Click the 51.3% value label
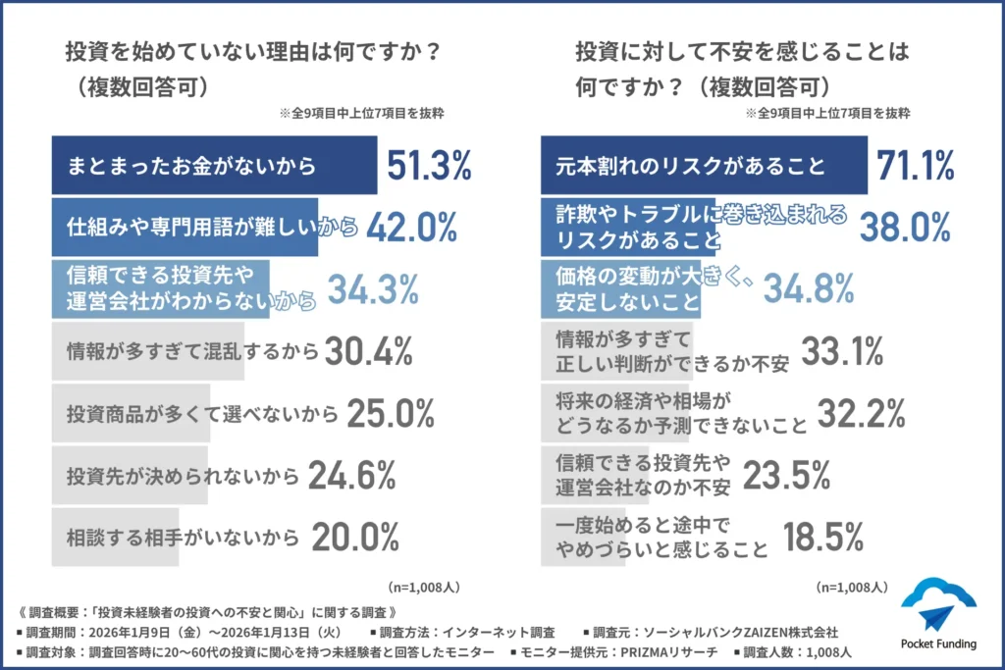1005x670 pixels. (x=431, y=167)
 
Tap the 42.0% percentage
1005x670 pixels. (x=412, y=228)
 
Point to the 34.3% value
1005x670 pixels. (x=373, y=289)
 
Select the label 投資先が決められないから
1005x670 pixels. (x=182, y=476)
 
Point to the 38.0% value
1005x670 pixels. (x=904, y=228)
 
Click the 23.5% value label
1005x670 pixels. (x=787, y=476)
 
